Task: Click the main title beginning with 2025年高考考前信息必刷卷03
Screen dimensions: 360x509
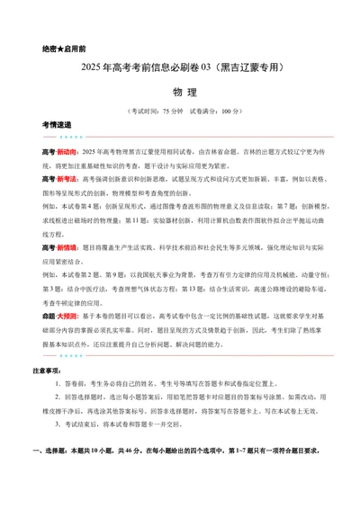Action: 180,67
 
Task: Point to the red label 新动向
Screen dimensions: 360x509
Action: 66,154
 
